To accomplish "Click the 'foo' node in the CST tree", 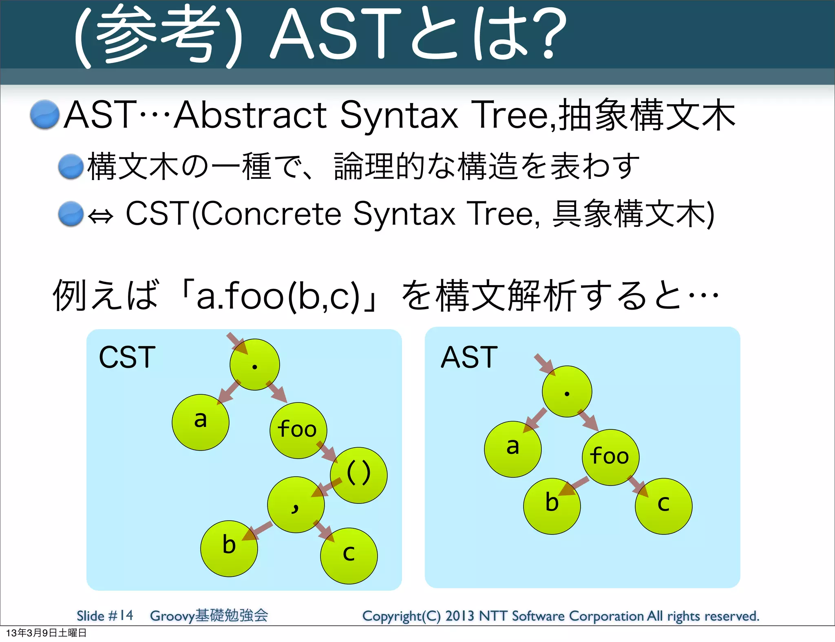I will tap(298, 430).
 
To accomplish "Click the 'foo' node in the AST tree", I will tap(610, 457).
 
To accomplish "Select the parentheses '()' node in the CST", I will tap(358, 475).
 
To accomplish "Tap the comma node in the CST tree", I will tap(296, 505).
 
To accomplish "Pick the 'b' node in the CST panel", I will tap(229, 548).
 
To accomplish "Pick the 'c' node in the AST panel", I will tap(663, 506).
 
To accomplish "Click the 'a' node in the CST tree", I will tap(200, 422).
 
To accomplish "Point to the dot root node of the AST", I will tap(567, 391).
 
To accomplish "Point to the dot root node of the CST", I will tap(254, 365).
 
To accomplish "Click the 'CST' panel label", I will tap(127, 357).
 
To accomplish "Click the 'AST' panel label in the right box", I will tap(469, 357).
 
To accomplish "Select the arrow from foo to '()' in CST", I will tap(327, 452).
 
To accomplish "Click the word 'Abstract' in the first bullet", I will tap(251, 116).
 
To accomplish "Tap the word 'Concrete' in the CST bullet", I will tap(271, 214).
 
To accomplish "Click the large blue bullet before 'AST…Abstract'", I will tap(45, 114).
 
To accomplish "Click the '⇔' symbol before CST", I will tap(100, 216).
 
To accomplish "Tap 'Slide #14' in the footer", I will tap(105, 615).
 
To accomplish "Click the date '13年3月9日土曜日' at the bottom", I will tap(46, 633).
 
